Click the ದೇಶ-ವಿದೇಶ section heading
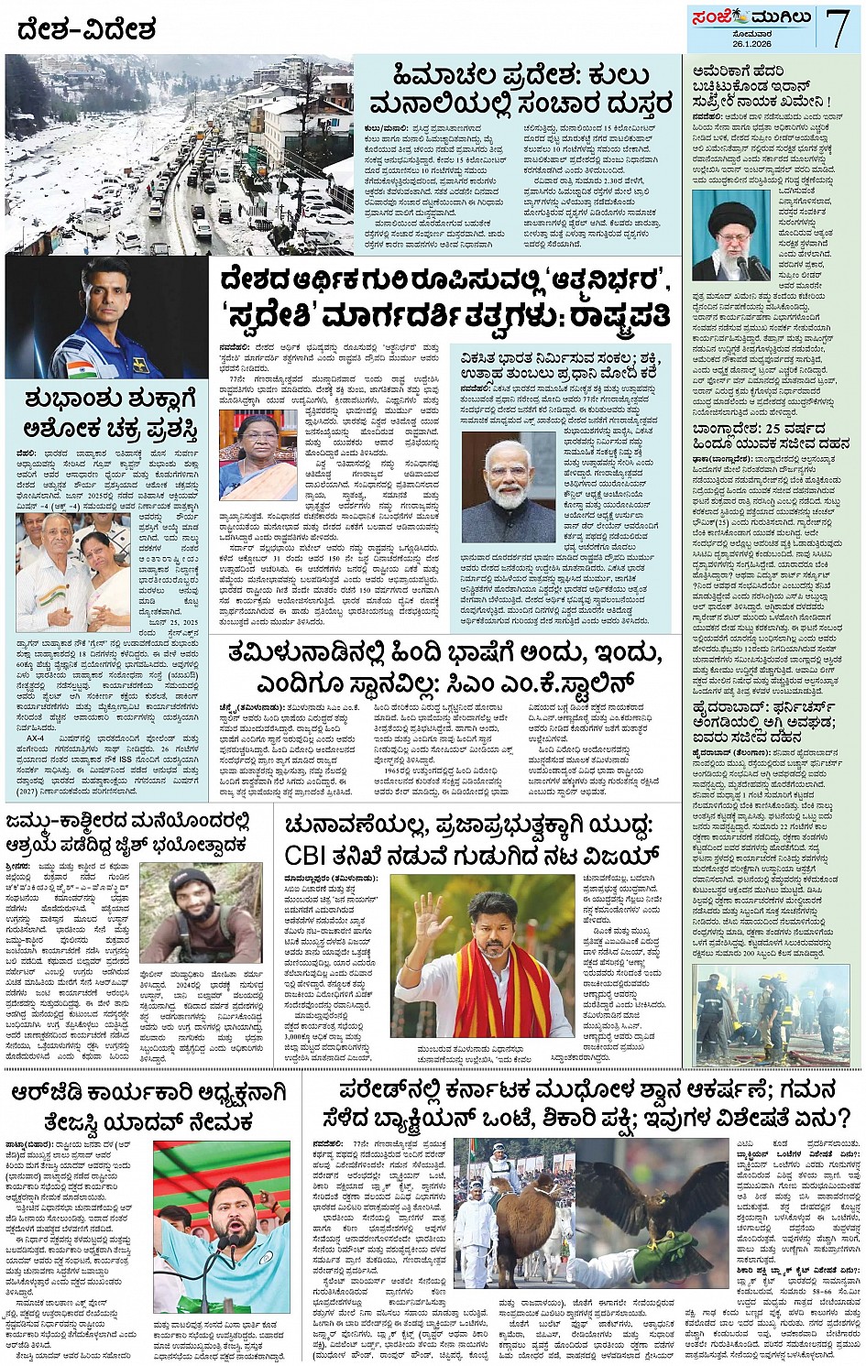[x=86, y=29]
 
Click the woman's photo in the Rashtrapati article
[x=258, y=454]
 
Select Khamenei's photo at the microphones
[x=731, y=235]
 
